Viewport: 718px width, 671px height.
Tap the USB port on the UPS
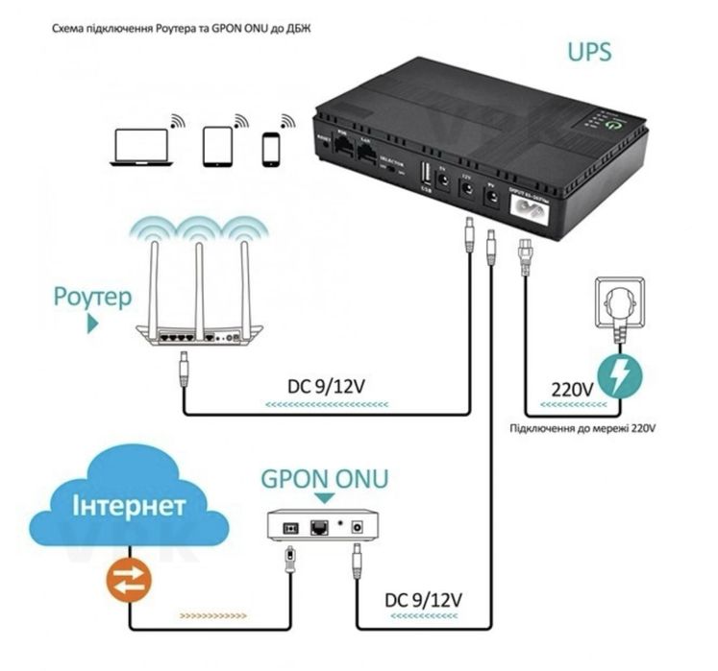pyautogui.click(x=425, y=176)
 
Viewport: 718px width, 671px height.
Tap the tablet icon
pyautogui.click(x=216, y=147)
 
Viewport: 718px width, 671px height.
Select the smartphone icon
pyautogui.click(x=272, y=149)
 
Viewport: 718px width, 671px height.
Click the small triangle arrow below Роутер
pyautogui.click(x=92, y=324)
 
